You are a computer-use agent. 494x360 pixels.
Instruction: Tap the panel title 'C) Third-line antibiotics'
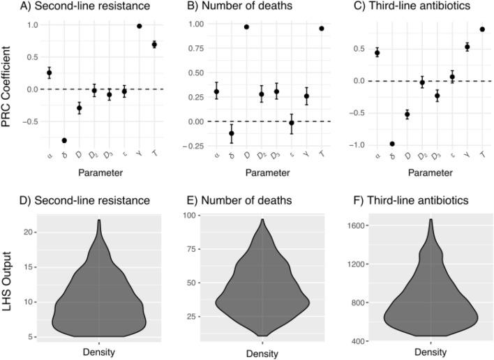(x=405, y=9)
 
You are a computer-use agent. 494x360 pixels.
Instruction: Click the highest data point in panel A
(x=140, y=26)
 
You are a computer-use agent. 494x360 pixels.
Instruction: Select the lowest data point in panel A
(x=64, y=140)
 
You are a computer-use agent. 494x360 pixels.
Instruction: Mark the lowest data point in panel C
(x=392, y=144)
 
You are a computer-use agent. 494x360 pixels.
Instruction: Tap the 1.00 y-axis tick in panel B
(x=197, y=24)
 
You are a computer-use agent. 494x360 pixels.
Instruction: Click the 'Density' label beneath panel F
(x=431, y=353)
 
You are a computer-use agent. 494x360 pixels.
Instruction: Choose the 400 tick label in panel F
(x=357, y=341)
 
